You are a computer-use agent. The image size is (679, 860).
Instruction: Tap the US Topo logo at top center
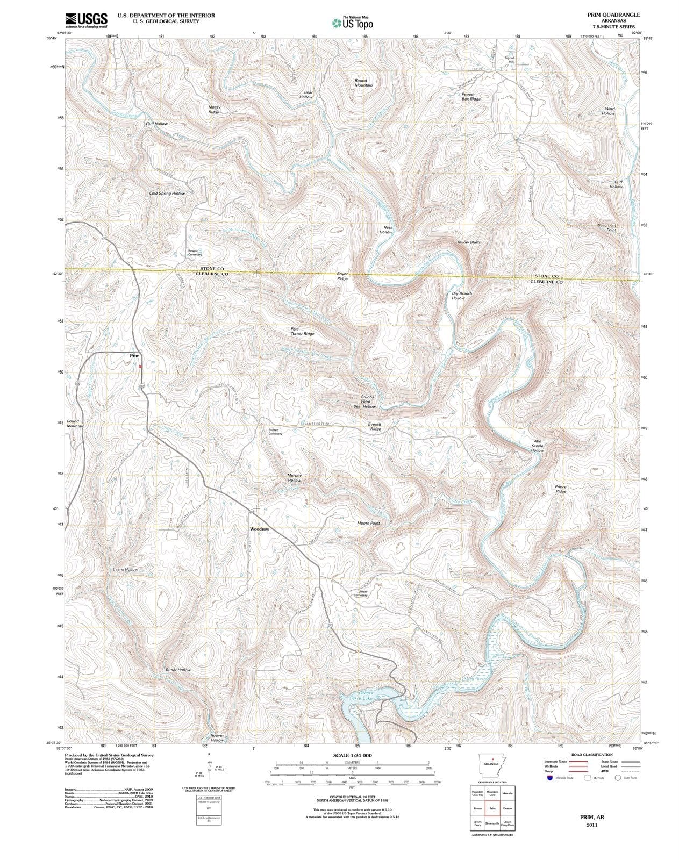[352, 23]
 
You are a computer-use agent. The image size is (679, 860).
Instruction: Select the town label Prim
[134, 356]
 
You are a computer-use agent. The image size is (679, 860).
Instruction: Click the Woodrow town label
[259, 529]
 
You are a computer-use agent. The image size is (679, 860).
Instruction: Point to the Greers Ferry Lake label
[361, 696]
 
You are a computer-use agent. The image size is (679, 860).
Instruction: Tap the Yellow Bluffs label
[469, 242]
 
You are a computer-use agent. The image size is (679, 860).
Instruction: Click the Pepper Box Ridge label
[471, 96]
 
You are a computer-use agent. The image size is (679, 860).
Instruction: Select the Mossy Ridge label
[214, 110]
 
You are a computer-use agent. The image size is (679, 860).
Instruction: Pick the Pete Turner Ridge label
[302, 331]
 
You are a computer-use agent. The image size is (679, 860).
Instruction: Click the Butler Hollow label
[178, 670]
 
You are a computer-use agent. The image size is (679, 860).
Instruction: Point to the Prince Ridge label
[561, 489]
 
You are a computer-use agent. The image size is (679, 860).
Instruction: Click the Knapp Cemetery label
[195, 253]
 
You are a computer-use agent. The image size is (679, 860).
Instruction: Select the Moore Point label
[368, 523]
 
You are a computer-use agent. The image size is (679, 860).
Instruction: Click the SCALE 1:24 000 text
[352, 755]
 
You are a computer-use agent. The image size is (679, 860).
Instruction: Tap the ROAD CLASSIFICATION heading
[591, 755]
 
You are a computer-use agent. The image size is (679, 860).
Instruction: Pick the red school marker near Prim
[140, 366]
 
